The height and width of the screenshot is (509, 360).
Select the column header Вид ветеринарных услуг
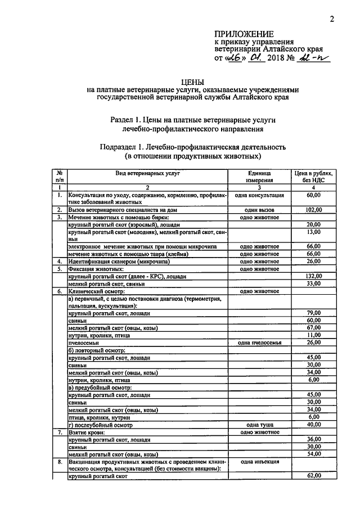coord(148,174)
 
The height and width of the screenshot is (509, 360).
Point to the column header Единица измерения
coord(259,177)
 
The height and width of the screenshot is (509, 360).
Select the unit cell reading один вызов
coord(259,210)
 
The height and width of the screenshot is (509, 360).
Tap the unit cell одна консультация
coord(259,195)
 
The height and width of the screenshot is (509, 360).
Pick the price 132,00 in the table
coord(313,276)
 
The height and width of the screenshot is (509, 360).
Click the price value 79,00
coord(313,313)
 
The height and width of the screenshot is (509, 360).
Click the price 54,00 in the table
coord(313,454)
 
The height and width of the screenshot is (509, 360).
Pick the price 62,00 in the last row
coord(313,476)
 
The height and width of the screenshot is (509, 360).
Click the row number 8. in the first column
coord(59,461)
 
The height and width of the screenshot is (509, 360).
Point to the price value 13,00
coord(313,232)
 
